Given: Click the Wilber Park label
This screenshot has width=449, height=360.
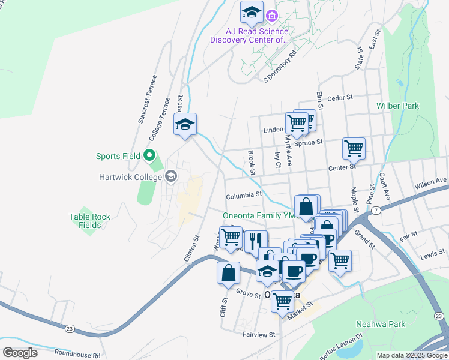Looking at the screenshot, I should [397, 106].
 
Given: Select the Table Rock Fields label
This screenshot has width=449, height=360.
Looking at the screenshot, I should [89, 221].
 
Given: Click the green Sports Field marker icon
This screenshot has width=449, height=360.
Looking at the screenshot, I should [150, 156].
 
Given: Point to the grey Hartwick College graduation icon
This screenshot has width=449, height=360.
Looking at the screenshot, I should [171, 176].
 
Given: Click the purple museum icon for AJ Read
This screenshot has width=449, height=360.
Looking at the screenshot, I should [271, 15].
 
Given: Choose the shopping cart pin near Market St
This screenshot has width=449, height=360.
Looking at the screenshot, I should [282, 301].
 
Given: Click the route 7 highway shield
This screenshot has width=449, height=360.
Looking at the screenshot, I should [375, 211].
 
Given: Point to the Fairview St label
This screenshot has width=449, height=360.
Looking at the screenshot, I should [258, 334].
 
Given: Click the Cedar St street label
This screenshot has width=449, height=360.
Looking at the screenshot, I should [340, 97].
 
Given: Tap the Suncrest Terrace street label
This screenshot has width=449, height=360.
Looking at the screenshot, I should [147, 99].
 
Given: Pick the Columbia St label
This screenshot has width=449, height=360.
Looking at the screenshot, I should [244, 195].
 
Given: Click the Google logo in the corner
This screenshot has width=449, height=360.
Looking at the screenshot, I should [20, 352].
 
